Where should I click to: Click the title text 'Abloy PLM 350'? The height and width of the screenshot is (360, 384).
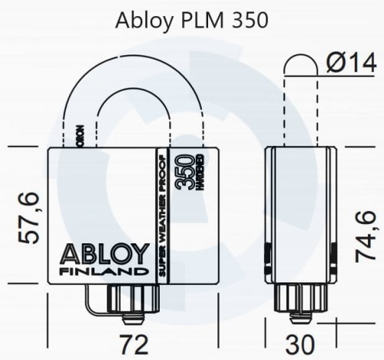coord(192,20)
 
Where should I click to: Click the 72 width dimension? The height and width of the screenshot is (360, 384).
coord(136,341)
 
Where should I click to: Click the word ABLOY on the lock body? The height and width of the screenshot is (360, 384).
coord(101,255)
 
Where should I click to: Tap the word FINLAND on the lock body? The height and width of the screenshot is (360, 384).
coord(101,271)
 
